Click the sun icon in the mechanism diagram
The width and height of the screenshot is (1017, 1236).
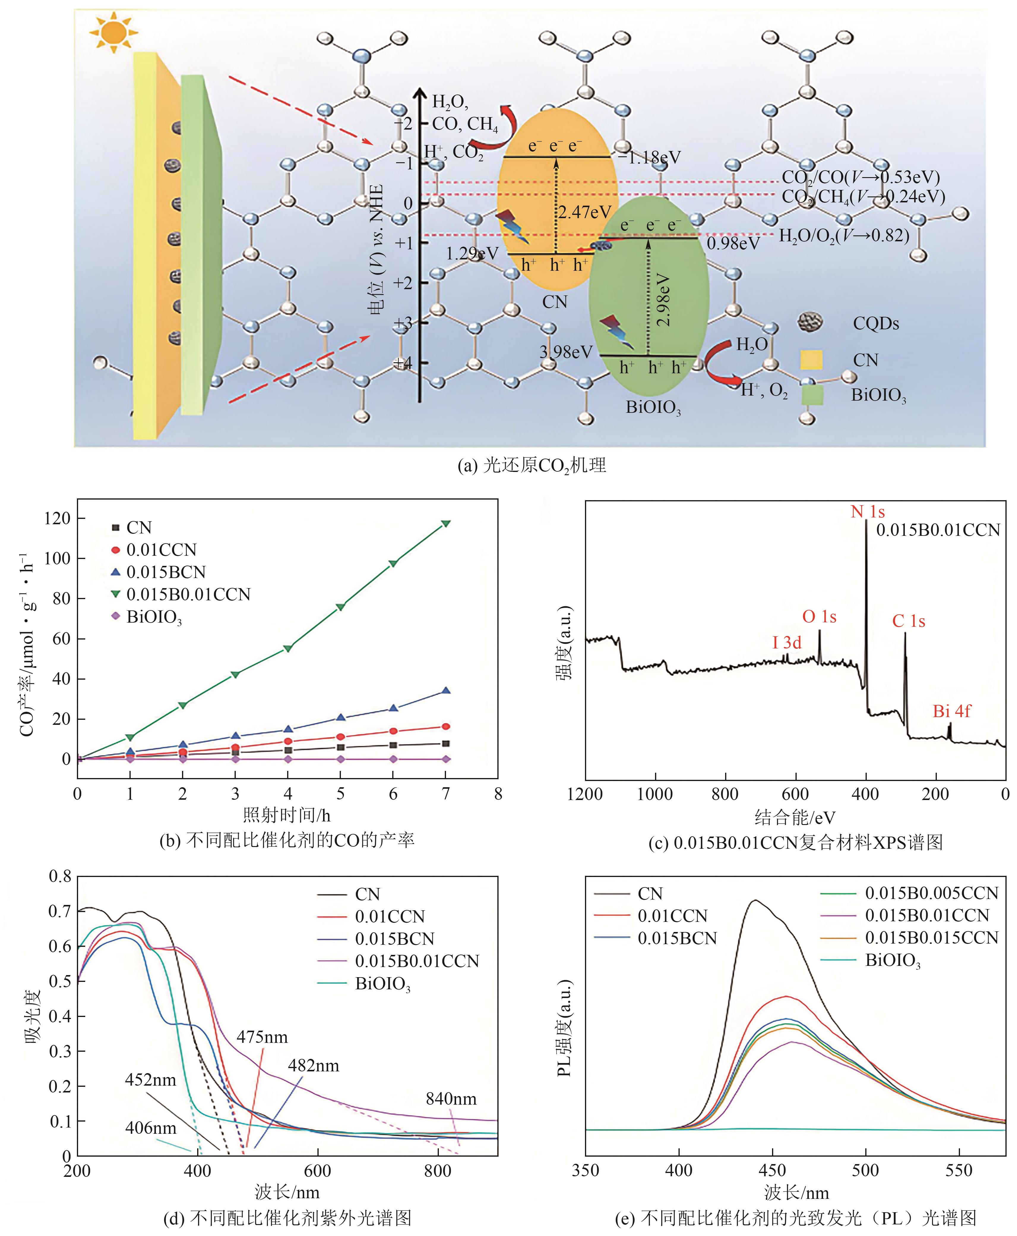tap(113, 32)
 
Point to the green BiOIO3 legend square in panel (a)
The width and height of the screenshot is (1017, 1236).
tap(812, 395)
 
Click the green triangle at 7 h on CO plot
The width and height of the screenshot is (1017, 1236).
tap(446, 523)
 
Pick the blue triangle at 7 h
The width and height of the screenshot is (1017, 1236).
tap(446, 691)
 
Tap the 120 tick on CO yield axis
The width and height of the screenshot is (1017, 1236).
tap(57, 518)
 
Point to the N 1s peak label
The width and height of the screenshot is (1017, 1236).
tap(868, 512)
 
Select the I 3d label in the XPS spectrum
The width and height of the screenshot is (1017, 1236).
tap(787, 643)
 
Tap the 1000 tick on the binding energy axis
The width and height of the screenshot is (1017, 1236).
tap(655, 794)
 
